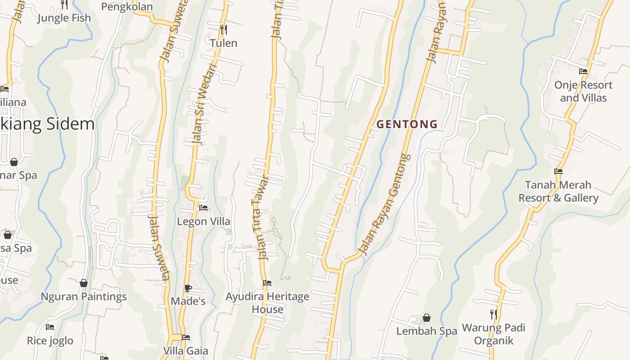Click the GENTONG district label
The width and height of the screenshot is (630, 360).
407,124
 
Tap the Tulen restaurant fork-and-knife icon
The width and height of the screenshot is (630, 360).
223,30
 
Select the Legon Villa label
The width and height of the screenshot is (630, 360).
203,221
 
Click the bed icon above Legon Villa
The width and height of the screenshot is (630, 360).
203,208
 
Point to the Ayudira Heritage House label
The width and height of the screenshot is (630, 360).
267,303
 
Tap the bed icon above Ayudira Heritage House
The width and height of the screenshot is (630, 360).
267,283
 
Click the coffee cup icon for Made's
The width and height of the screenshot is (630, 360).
188,288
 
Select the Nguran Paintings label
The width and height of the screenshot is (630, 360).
84,297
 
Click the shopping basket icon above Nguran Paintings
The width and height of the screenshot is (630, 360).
84,283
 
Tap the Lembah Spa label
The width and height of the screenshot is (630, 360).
427,331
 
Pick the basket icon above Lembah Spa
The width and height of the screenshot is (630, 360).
427,318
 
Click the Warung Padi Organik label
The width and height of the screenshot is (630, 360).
494,334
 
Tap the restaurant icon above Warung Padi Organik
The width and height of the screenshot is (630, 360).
494,314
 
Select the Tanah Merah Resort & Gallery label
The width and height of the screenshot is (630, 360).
558,191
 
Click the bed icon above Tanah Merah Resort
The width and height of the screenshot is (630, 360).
558,171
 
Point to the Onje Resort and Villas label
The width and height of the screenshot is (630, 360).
583,91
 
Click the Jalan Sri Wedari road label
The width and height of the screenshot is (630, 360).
205,104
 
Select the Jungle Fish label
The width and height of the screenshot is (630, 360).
64,18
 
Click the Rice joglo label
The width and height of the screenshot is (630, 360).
50,341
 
